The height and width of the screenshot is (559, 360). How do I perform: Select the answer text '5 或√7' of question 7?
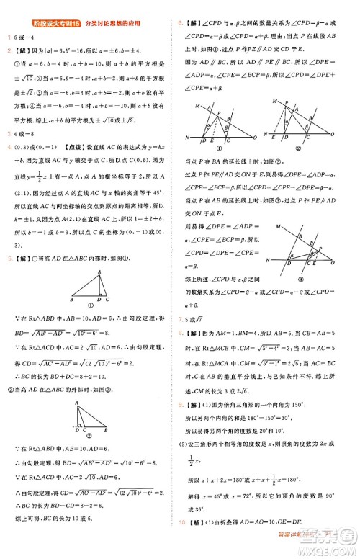point(199,318)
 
